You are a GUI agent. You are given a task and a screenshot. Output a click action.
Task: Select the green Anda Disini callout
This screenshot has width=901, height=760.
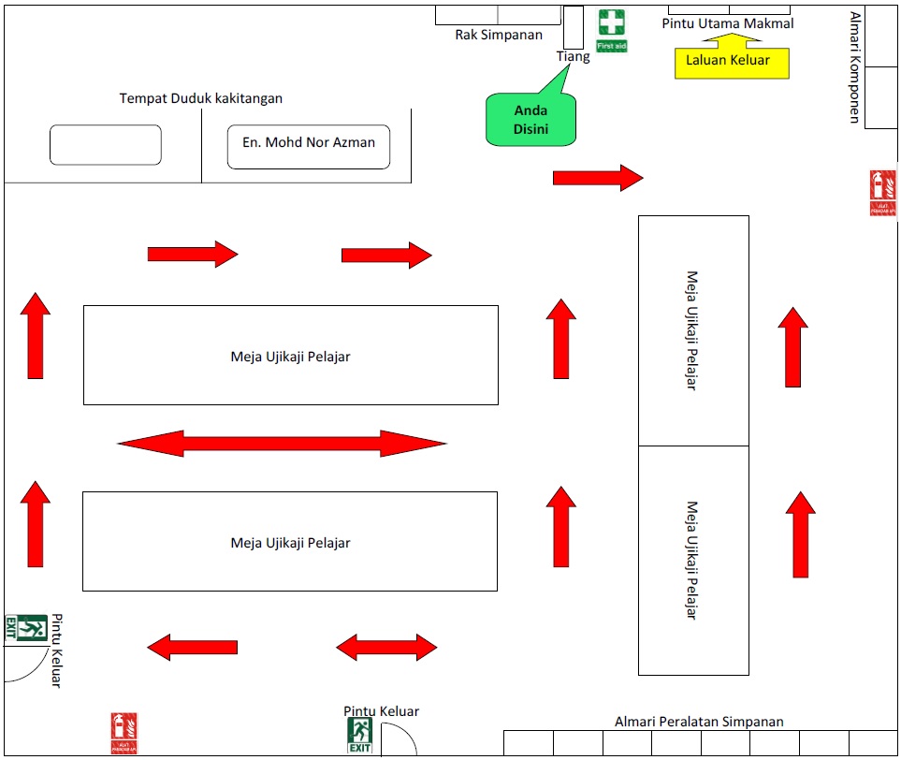point(530,120)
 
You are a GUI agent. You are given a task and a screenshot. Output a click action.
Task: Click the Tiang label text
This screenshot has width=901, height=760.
point(574,56)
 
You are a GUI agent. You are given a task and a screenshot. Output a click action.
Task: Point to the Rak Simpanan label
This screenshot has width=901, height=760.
point(499,36)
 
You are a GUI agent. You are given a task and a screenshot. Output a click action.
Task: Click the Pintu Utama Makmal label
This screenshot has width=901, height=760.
point(728,23)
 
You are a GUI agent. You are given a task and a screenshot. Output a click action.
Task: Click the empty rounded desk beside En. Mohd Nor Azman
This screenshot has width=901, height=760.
point(106,145)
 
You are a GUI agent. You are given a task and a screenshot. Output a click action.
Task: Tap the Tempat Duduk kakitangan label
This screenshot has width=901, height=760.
point(201,98)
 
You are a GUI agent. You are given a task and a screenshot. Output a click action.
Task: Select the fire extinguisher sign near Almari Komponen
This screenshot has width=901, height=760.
point(882,193)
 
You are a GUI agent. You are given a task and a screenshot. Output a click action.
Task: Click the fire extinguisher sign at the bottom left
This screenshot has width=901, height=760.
point(124,733)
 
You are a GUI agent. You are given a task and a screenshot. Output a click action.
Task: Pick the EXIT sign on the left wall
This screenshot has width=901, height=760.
point(26,627)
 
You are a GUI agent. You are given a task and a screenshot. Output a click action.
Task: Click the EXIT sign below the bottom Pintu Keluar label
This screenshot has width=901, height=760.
point(360,735)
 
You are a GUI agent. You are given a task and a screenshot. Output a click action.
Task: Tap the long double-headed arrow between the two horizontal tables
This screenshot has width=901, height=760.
point(282,444)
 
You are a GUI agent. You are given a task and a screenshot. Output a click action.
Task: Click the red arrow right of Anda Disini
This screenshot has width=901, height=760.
point(598,177)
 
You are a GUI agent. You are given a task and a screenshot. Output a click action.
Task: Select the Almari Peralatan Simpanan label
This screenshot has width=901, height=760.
point(699,722)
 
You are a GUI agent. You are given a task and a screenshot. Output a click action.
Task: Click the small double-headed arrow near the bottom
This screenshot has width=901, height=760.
point(386,647)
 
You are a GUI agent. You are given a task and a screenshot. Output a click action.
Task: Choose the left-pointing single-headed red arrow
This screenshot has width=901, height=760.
point(193,647)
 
